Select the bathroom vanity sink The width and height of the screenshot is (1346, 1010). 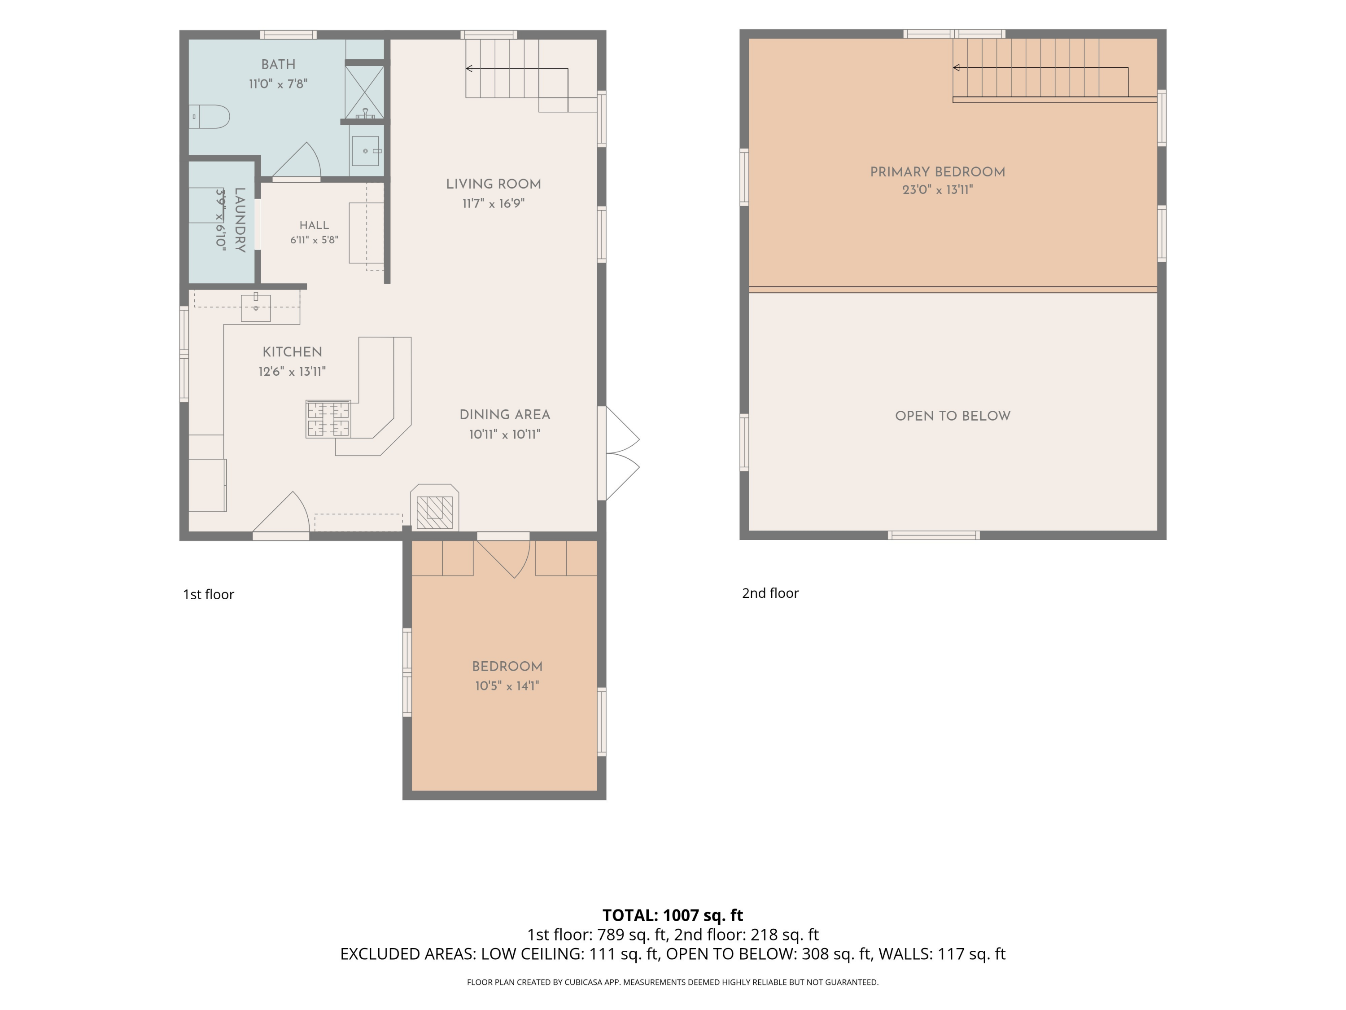coord(366,151)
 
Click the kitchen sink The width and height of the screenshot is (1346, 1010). coord(256,307)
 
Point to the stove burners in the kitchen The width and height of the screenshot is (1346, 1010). coord(328,419)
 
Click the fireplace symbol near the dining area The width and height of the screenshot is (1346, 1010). coord(434,512)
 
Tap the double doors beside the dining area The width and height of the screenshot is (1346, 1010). coord(622,453)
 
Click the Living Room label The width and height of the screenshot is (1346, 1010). coord(494,184)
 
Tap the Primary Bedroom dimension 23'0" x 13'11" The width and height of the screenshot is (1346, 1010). coord(938,190)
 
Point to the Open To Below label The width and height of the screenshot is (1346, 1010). coord(953,416)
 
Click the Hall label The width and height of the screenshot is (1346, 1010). coord(314,225)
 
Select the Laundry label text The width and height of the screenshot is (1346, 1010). coord(240,220)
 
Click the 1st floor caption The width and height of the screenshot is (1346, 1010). coord(209,594)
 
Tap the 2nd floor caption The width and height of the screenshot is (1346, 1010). coord(770,593)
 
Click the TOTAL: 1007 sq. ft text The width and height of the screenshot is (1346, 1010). coord(673,915)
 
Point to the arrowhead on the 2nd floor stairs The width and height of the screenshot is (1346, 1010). coord(957,68)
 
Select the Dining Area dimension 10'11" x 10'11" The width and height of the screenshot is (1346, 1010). coord(505,435)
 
